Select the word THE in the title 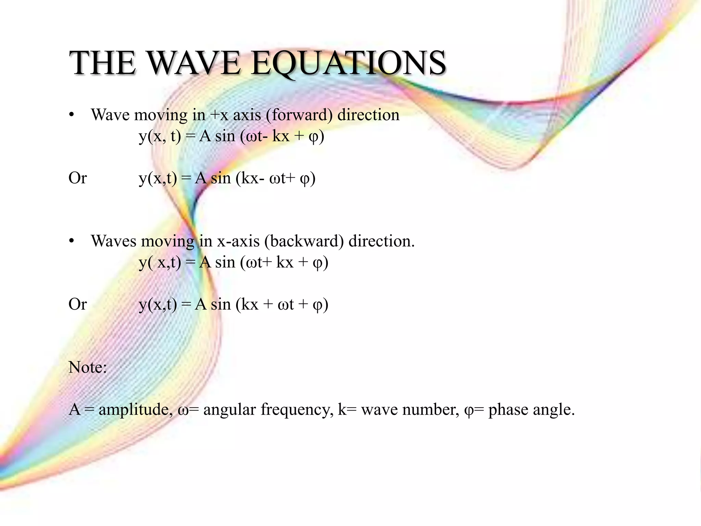point(102,63)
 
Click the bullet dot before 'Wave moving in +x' point(71,115)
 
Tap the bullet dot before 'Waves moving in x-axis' point(71,242)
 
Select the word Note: point(88,367)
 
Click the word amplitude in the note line point(136,410)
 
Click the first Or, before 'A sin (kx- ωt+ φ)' point(78,178)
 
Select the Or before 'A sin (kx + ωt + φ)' point(78,304)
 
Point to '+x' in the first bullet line point(219,115)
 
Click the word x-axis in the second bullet point(238,241)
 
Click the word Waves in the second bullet point(114,241)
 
